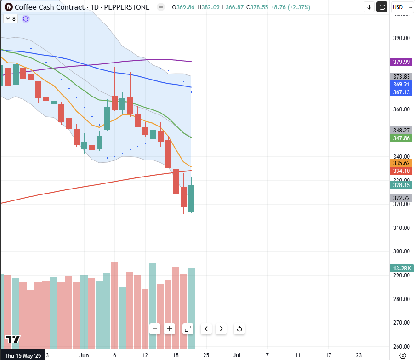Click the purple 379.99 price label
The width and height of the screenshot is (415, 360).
click(401, 62)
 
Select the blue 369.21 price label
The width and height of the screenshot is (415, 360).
click(401, 85)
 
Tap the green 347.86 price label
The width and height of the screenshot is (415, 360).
click(401, 138)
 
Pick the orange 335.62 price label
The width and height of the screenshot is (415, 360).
click(401, 163)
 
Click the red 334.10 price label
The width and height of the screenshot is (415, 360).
click(401, 171)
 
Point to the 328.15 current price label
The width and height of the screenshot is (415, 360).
click(401, 185)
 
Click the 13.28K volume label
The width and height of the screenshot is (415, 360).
click(401, 269)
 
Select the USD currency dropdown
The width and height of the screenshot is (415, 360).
click(401, 7)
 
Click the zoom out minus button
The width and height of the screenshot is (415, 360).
click(155, 329)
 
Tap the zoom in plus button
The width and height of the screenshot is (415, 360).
click(170, 329)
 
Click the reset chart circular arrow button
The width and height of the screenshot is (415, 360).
click(239, 329)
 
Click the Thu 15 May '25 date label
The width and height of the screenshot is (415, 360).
click(23, 355)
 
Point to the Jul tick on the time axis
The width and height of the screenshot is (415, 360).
click(237, 355)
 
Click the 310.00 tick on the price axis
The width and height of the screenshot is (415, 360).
click(401, 228)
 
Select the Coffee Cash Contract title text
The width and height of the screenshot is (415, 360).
click(50, 7)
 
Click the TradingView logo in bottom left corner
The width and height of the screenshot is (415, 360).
click(13, 339)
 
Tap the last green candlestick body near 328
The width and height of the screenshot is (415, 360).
click(191, 198)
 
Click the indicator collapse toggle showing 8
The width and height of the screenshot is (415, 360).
click(11, 19)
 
